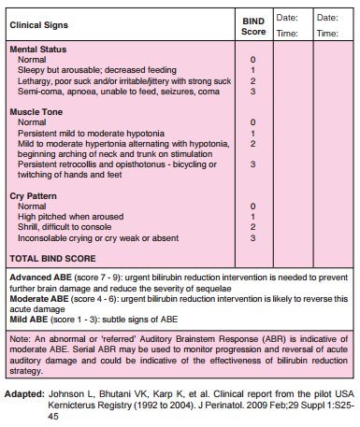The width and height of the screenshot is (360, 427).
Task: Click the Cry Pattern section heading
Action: point(36,194)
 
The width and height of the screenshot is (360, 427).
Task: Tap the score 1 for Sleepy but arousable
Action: point(252,69)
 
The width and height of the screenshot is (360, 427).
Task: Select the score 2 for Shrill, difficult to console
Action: point(252,226)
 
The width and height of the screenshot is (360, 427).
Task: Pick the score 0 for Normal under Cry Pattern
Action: point(252,206)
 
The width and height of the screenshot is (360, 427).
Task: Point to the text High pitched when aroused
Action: point(71,216)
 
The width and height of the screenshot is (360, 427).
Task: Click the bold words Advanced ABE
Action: point(38,278)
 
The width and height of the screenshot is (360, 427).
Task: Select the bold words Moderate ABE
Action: point(38,299)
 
